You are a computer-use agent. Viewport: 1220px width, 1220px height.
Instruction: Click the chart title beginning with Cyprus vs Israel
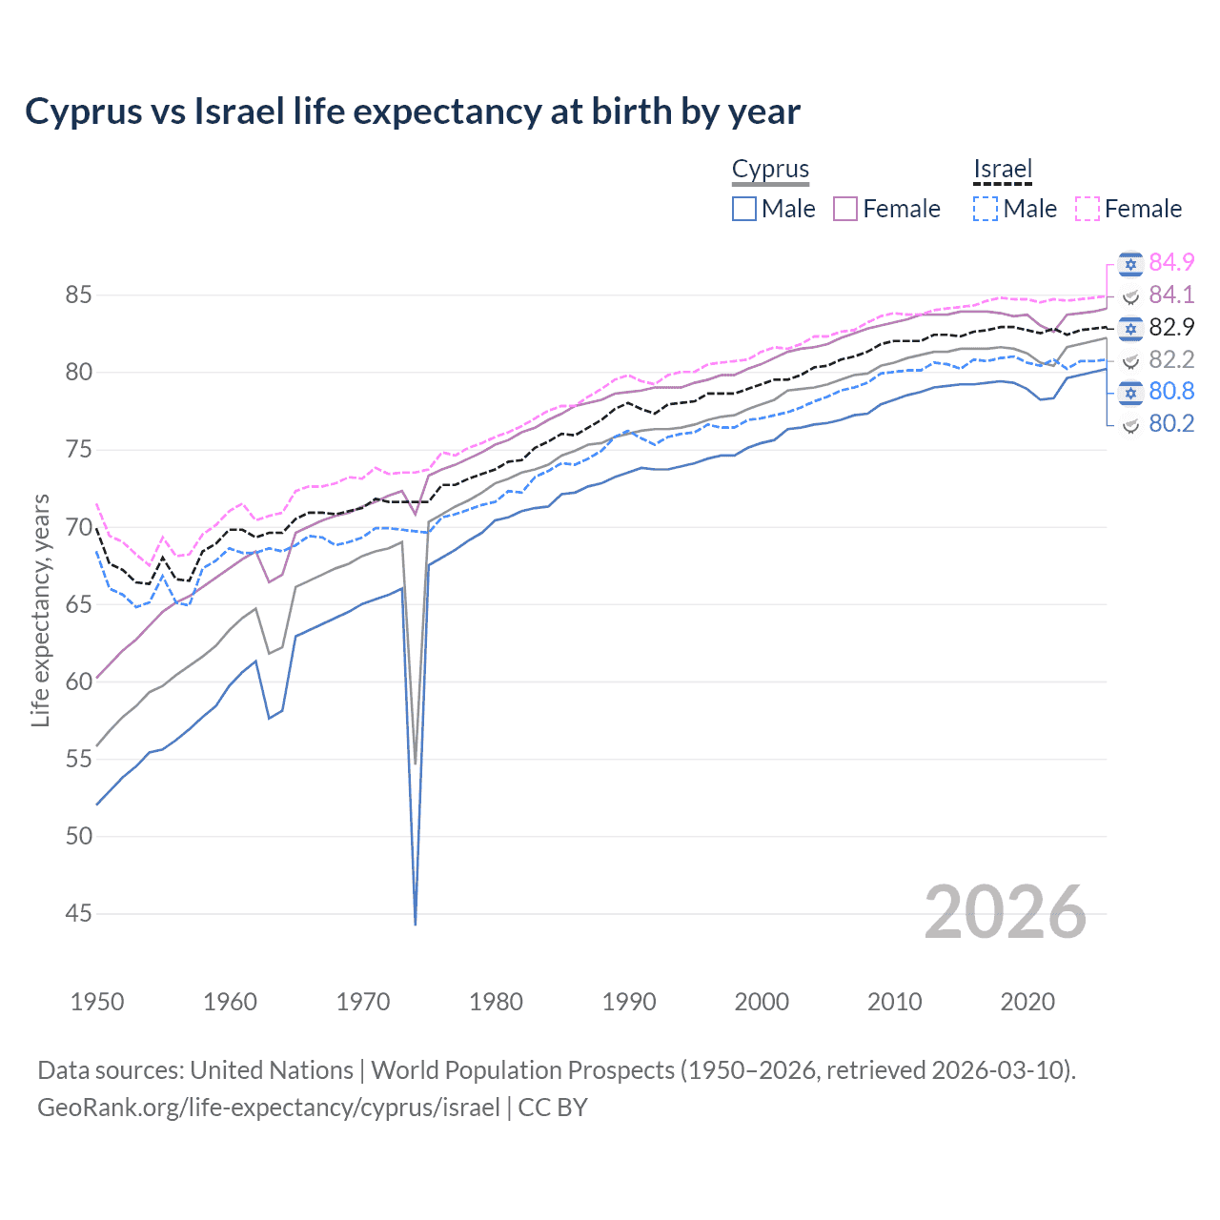412,112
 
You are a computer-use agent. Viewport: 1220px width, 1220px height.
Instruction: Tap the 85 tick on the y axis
78,295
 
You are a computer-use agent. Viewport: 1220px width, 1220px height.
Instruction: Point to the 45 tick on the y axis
78,914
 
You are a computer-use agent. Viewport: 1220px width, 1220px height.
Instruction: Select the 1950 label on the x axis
97,1002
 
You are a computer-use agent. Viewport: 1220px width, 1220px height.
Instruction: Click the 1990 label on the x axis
629,1002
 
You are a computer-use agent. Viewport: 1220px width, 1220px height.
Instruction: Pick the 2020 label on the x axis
1027,1002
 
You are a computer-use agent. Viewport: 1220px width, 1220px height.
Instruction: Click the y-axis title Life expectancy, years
40,610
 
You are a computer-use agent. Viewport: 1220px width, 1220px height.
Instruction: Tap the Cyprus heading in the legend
770,170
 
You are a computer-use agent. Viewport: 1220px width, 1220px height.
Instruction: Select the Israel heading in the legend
1003,170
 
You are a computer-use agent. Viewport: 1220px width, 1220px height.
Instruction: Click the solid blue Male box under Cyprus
744,209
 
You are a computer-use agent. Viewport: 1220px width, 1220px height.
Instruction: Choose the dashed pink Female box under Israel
1088,209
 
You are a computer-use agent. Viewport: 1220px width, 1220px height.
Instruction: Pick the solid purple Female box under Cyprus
845,209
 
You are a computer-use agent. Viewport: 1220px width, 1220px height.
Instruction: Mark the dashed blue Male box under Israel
986,209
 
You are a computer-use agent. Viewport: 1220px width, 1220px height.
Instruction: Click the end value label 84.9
1171,262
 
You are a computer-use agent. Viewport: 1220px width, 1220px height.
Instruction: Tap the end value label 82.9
1171,327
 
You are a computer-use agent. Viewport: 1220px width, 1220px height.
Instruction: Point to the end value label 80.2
1171,424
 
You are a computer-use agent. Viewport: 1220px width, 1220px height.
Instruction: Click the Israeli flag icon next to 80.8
1130,392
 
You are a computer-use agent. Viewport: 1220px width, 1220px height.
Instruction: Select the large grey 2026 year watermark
1006,912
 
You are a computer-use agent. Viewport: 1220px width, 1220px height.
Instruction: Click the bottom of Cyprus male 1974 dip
416,923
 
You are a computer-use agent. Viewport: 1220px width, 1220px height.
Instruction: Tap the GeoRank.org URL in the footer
269,1108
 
